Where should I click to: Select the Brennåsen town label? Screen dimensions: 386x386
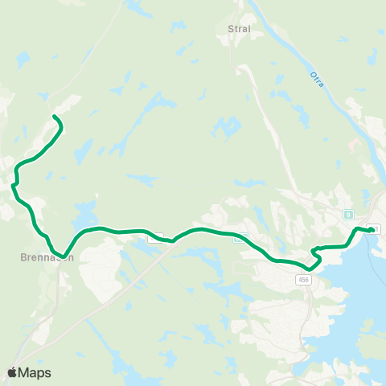[47, 258]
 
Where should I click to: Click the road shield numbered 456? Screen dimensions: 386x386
[302, 279]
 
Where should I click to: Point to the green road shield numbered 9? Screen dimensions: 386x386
[348, 215]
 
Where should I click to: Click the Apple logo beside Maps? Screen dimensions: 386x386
[13, 372]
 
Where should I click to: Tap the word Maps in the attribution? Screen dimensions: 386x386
[35, 372]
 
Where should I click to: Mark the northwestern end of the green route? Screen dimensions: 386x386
[55, 117]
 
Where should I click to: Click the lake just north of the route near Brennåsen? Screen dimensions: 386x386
[82, 215]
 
